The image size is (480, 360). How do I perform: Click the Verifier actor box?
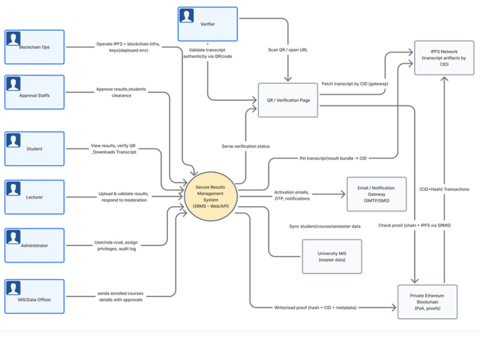(207, 24)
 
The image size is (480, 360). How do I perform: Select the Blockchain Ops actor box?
(34, 47)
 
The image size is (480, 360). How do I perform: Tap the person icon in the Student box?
(13, 140)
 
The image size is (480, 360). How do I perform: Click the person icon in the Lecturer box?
(13, 189)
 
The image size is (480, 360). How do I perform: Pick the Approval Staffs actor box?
(34, 92)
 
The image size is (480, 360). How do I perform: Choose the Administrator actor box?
(34, 245)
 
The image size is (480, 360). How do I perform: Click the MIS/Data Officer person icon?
(13, 288)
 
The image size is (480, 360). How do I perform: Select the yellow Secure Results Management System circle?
(211, 196)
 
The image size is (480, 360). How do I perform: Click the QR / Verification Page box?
(288, 100)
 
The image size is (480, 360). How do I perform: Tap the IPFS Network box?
(444, 58)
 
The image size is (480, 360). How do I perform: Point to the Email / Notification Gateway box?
(376, 194)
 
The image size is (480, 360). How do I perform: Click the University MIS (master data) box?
(332, 256)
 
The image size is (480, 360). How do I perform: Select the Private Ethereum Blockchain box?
(427, 302)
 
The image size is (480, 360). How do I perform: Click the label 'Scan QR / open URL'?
(288, 49)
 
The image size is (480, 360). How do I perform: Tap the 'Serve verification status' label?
(245, 146)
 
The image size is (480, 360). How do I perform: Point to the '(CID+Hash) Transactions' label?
(444, 189)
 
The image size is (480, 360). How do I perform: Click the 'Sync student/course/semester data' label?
(325, 226)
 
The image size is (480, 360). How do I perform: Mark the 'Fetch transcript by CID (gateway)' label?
(355, 84)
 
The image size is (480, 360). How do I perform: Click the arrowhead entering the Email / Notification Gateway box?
(343, 194)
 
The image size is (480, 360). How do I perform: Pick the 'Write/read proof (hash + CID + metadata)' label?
(315, 307)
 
